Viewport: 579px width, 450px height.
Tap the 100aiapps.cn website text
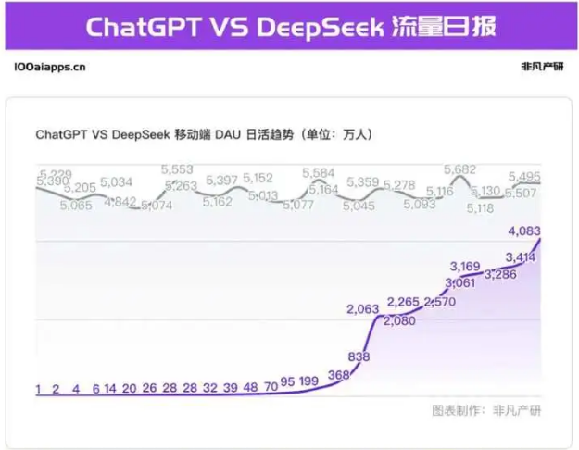pos(51,67)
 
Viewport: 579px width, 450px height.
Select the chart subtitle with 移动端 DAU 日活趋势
pos(204,134)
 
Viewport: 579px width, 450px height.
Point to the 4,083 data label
pos(524,231)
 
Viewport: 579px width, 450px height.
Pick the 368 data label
pos(339,374)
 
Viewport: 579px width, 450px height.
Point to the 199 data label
pos(308,381)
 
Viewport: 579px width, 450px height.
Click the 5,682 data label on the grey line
pos(459,169)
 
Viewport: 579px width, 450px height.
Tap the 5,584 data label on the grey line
pos(319,172)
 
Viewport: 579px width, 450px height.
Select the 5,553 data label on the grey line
pos(177,169)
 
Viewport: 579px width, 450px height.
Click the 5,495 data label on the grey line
pos(524,177)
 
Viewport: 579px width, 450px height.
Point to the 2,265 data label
pos(404,301)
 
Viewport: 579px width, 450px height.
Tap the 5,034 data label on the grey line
pos(117,181)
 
